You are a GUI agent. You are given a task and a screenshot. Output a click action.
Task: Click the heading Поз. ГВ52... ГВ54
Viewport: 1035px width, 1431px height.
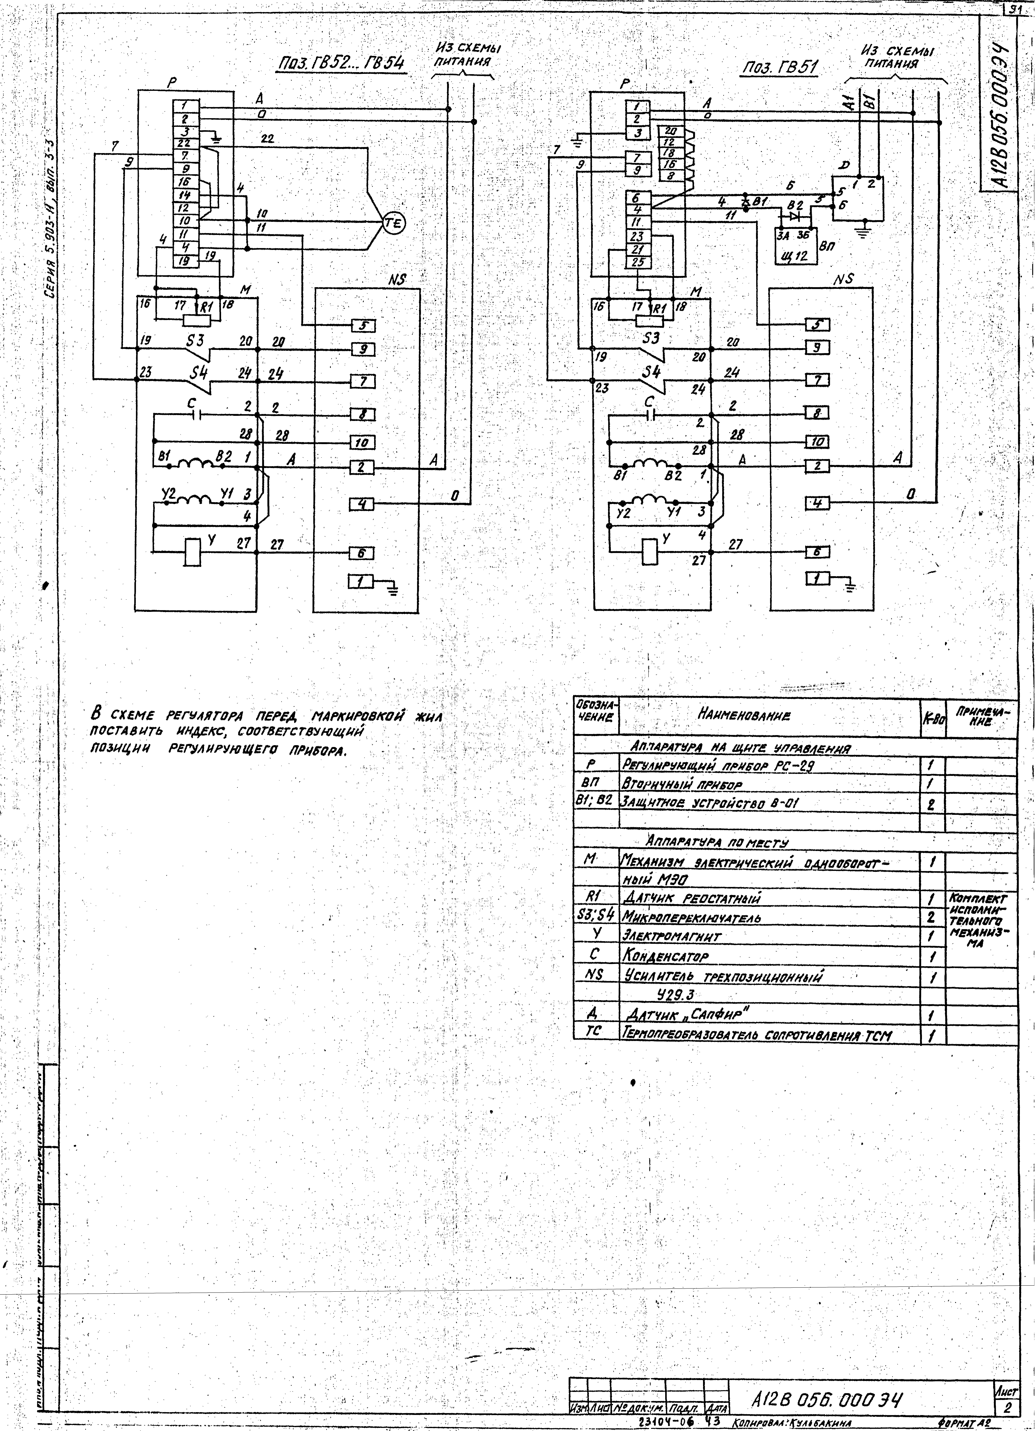pos(341,64)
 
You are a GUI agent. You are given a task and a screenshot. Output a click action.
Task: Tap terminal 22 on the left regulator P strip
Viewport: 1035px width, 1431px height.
pos(185,143)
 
